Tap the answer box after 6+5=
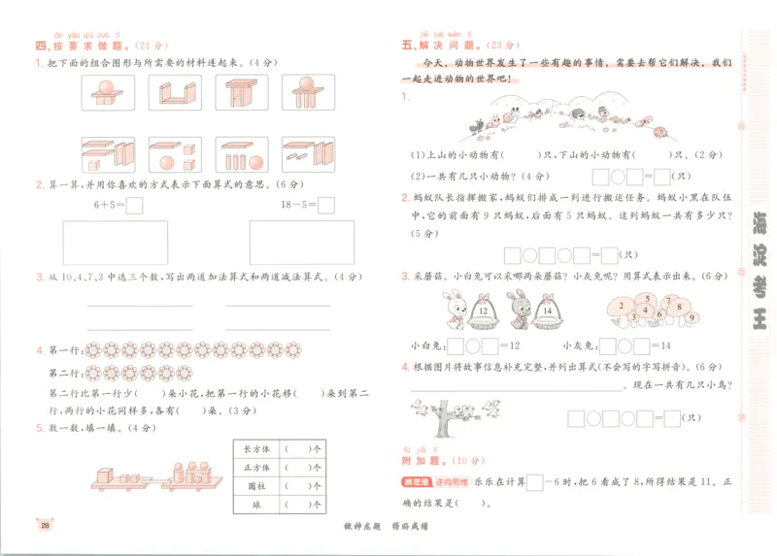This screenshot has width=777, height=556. point(134,205)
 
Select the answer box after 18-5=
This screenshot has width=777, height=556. point(326,205)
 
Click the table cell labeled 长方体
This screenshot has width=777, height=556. point(257,449)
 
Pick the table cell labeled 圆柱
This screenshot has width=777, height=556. point(257,486)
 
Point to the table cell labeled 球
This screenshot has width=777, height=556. point(257,505)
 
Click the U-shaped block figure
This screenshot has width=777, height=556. point(175,93)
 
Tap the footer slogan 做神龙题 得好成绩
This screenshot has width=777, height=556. point(388,527)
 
